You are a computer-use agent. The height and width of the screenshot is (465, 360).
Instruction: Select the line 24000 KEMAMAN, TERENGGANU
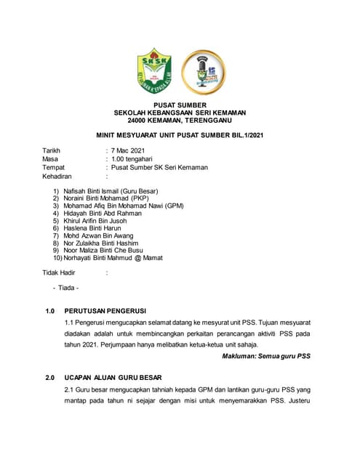pyautogui.click(x=180, y=121)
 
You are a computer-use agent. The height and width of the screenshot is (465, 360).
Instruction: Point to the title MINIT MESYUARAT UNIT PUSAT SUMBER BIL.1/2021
pyautogui.click(x=180, y=136)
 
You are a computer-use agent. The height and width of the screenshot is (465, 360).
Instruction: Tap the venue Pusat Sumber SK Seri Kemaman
pyautogui.click(x=159, y=167)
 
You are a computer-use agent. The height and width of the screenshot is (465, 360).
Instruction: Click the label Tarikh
pyautogui.click(x=52, y=150)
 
